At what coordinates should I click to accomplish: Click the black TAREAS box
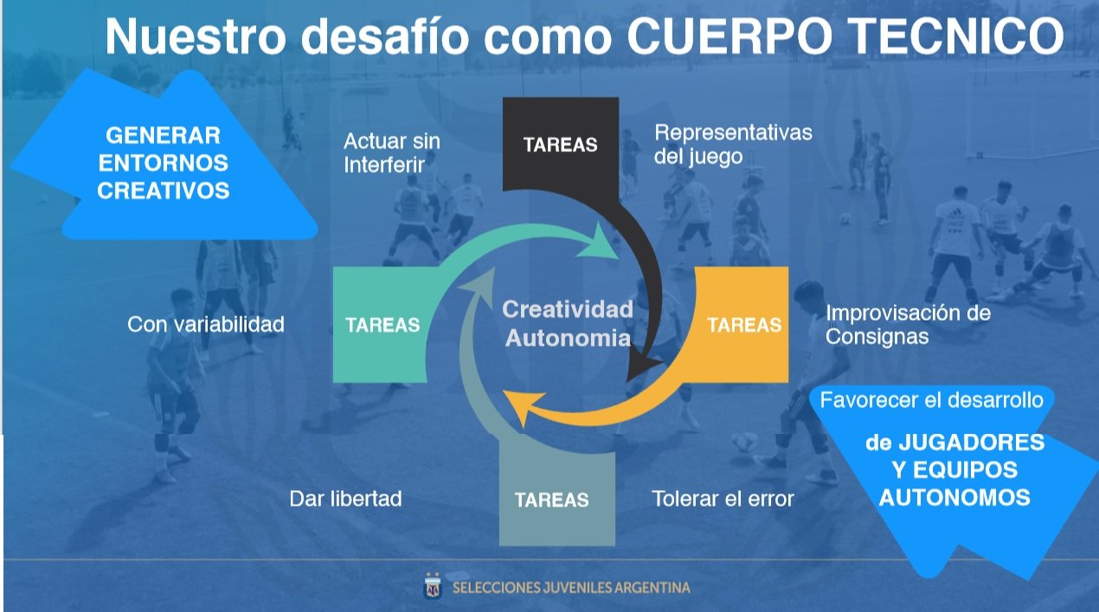pyautogui.click(x=560, y=144)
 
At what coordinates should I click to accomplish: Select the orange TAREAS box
pyautogui.click(x=744, y=324)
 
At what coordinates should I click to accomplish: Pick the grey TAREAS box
pyautogui.click(x=557, y=499)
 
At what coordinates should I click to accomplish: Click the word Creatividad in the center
pyautogui.click(x=568, y=309)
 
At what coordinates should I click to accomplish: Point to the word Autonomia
pyautogui.click(x=569, y=338)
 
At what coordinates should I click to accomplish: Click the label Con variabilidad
pyautogui.click(x=206, y=324)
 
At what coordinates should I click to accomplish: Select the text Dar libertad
pyautogui.click(x=345, y=499)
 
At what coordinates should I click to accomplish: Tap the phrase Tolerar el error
pyautogui.click(x=723, y=499)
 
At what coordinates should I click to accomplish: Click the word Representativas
pyautogui.click(x=733, y=133)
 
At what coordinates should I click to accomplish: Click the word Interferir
pyautogui.click(x=384, y=164)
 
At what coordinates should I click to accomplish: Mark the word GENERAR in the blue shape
pyautogui.click(x=163, y=136)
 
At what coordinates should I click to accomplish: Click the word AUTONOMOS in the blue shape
pyautogui.click(x=954, y=498)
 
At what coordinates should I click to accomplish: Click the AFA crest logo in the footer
pyautogui.click(x=432, y=587)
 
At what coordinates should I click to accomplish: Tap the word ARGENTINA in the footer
pyautogui.click(x=652, y=588)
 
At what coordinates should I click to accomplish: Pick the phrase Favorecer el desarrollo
pyautogui.click(x=931, y=400)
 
